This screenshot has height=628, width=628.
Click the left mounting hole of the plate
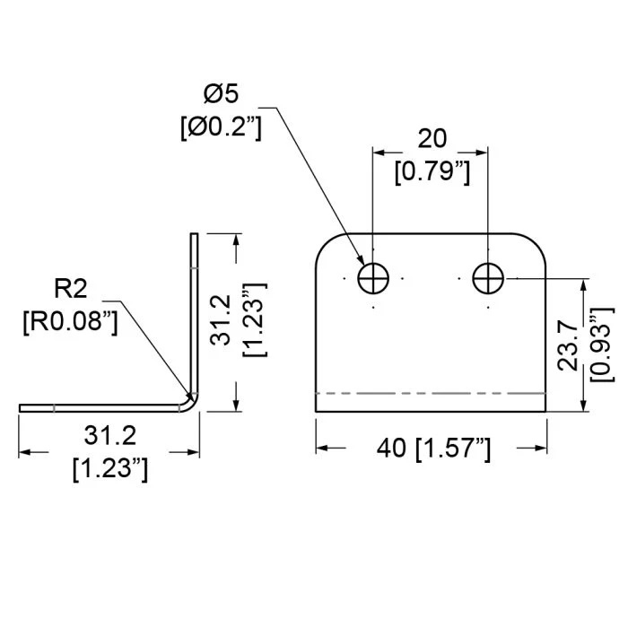point(373,279)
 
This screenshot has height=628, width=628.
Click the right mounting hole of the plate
point(487,279)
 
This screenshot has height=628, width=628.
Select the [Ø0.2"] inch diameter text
point(221,126)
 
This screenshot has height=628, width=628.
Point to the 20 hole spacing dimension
point(431,138)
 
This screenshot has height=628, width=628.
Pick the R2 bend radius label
point(73,288)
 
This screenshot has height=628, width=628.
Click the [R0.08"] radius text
point(71,320)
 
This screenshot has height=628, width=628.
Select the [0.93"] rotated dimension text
point(602,345)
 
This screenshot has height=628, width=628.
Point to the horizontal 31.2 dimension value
point(109,436)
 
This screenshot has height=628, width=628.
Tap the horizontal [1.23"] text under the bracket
point(109,467)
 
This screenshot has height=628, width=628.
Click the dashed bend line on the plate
point(431,393)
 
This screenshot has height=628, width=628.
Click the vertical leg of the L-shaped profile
point(193,314)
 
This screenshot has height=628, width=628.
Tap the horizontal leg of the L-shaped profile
point(99,407)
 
